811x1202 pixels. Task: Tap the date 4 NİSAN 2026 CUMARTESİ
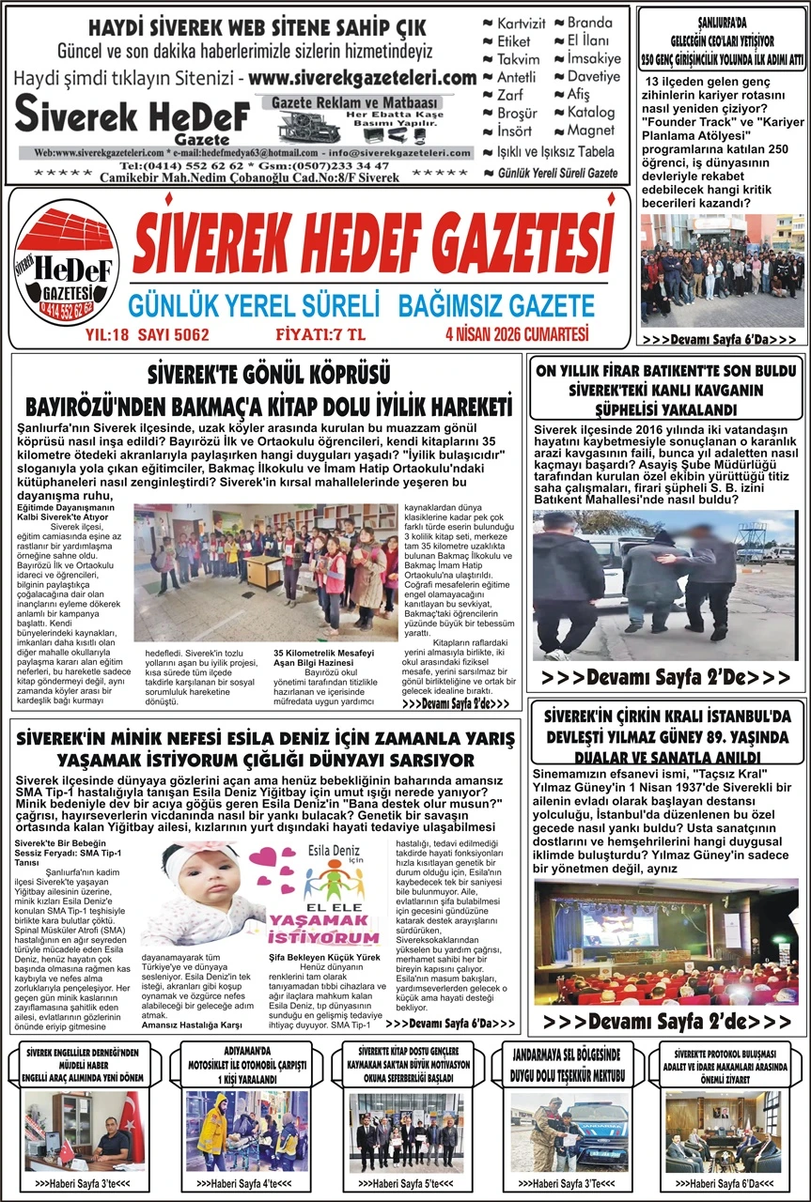click(x=517, y=333)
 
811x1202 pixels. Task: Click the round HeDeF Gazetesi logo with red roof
click(x=66, y=268)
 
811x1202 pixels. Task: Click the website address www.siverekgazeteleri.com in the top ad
click(x=363, y=78)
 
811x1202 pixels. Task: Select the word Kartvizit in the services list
click(x=520, y=23)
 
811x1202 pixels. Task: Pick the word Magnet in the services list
click(x=590, y=131)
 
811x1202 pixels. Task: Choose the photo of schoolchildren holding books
click(x=266, y=572)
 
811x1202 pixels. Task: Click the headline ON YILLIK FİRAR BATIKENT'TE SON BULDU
click(x=666, y=369)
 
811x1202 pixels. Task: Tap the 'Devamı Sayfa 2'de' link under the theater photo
click(x=666, y=1021)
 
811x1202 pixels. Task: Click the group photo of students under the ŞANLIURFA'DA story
click(x=722, y=270)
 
